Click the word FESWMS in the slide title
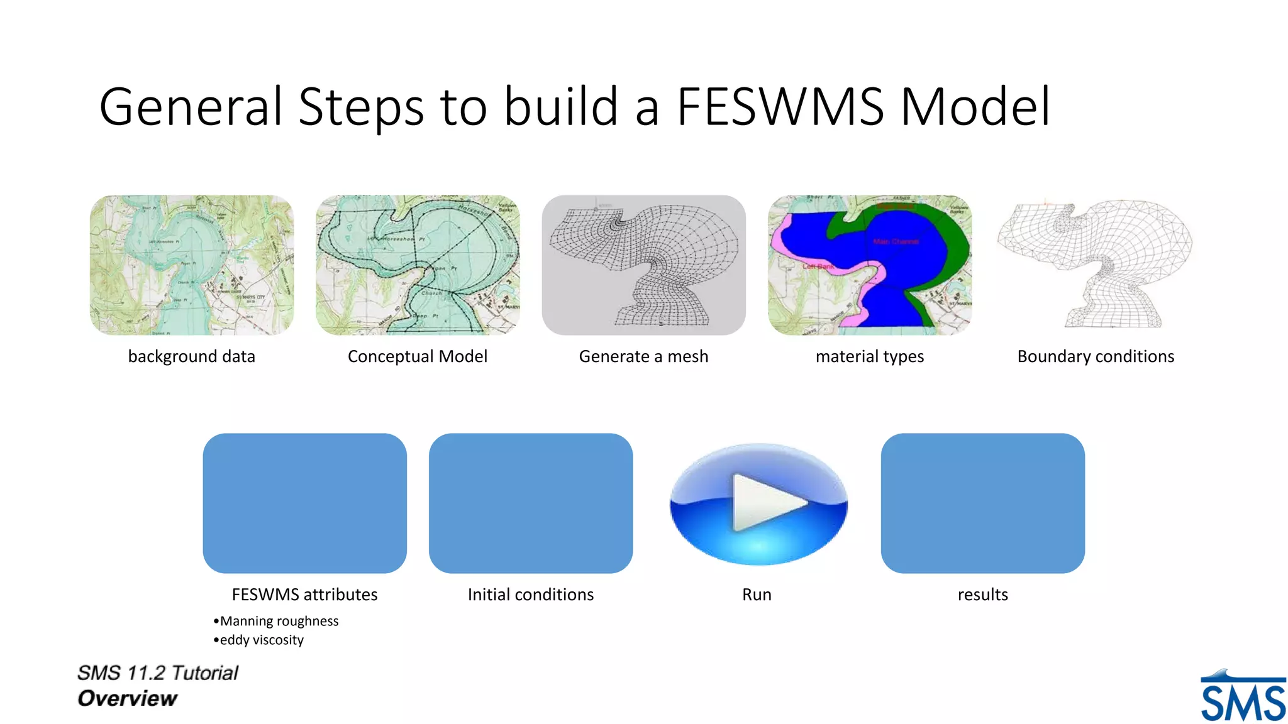(780, 107)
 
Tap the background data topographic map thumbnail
(191, 265)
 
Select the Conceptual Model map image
(418, 265)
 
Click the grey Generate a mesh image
(643, 265)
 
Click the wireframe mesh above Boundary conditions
(1095, 263)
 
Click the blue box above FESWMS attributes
(304, 503)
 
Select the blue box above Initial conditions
(530, 503)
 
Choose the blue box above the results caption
(982, 503)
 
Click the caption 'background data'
(191, 356)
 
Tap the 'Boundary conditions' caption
(1096, 356)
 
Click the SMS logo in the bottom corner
(1243, 697)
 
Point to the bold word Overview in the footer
(127, 698)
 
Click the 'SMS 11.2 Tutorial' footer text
(158, 673)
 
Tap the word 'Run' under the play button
(757, 595)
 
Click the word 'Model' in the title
(975, 107)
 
